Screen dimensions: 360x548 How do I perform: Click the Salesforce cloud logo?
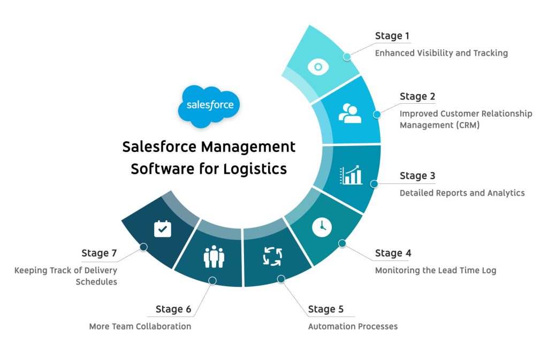tap(209, 105)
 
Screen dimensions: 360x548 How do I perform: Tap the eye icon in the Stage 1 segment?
tap(318, 67)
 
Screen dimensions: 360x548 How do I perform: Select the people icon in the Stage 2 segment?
tap(350, 113)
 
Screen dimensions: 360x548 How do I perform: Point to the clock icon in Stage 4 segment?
tap(322, 227)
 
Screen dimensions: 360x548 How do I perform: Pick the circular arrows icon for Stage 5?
tap(272, 256)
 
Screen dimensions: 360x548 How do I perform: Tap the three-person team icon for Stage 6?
tap(214, 257)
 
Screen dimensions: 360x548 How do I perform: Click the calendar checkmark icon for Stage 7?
tap(163, 228)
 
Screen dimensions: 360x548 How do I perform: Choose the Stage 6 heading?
tap(173, 309)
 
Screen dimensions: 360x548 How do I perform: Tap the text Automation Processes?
tap(353, 326)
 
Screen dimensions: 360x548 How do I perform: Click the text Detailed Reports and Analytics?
tap(462, 193)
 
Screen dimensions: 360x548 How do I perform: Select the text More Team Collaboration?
tap(140, 326)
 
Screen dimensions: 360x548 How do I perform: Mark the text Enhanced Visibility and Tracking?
tap(441, 53)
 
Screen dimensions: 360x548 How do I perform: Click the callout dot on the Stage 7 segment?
tap(143, 247)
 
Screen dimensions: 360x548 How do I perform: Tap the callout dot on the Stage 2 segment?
tap(377, 114)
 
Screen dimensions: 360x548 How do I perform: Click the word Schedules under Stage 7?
tap(96, 281)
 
